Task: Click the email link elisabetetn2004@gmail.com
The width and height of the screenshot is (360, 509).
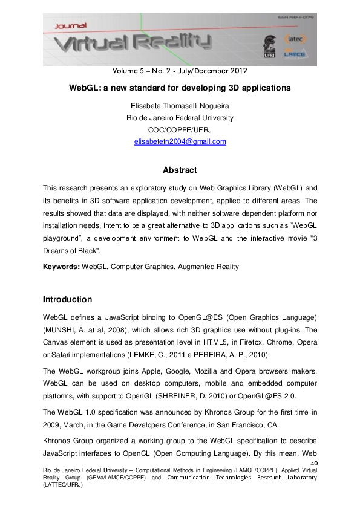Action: [180, 142]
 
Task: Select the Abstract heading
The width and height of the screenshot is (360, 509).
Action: [180, 170]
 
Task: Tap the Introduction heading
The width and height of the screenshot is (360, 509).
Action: [67, 300]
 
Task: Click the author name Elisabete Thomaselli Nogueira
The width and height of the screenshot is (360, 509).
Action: [180, 106]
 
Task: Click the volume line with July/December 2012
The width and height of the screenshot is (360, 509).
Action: [180, 70]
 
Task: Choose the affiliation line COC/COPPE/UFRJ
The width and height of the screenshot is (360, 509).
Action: [180, 130]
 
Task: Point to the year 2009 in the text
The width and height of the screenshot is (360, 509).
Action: [51, 421]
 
